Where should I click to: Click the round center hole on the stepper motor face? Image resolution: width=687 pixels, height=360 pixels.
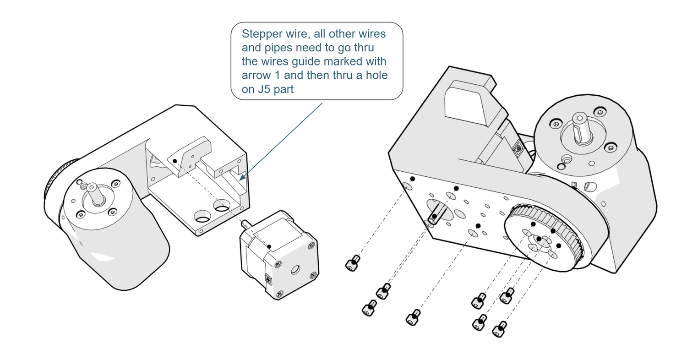tap(295, 270)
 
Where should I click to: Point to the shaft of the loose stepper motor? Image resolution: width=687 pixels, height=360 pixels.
tap(244, 224)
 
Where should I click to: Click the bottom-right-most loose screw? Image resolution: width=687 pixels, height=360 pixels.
tap(499, 329)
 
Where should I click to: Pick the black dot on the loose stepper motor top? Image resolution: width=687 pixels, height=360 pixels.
tap(270, 246)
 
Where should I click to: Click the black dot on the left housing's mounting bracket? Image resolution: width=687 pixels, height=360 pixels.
tap(174, 161)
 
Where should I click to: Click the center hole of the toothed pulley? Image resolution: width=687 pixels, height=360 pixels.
tap(540, 239)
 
